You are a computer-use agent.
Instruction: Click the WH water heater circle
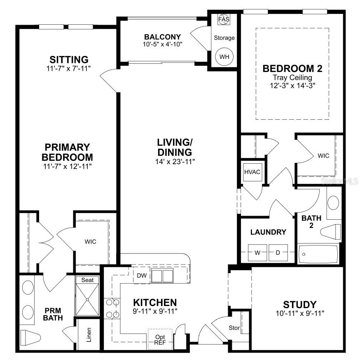224,57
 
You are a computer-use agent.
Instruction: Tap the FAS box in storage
224,19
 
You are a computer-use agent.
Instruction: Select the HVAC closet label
252,172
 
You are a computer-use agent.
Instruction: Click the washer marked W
257,253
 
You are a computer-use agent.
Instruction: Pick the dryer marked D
278,253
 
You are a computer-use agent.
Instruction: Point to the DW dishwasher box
141,275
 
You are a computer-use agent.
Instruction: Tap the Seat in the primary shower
87,280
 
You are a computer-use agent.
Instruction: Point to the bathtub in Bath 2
318,254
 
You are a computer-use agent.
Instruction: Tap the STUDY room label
299,305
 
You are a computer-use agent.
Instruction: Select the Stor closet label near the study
234,328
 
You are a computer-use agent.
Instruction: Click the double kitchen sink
161,276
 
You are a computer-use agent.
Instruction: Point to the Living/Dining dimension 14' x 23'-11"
173,161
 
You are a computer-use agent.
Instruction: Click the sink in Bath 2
333,202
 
